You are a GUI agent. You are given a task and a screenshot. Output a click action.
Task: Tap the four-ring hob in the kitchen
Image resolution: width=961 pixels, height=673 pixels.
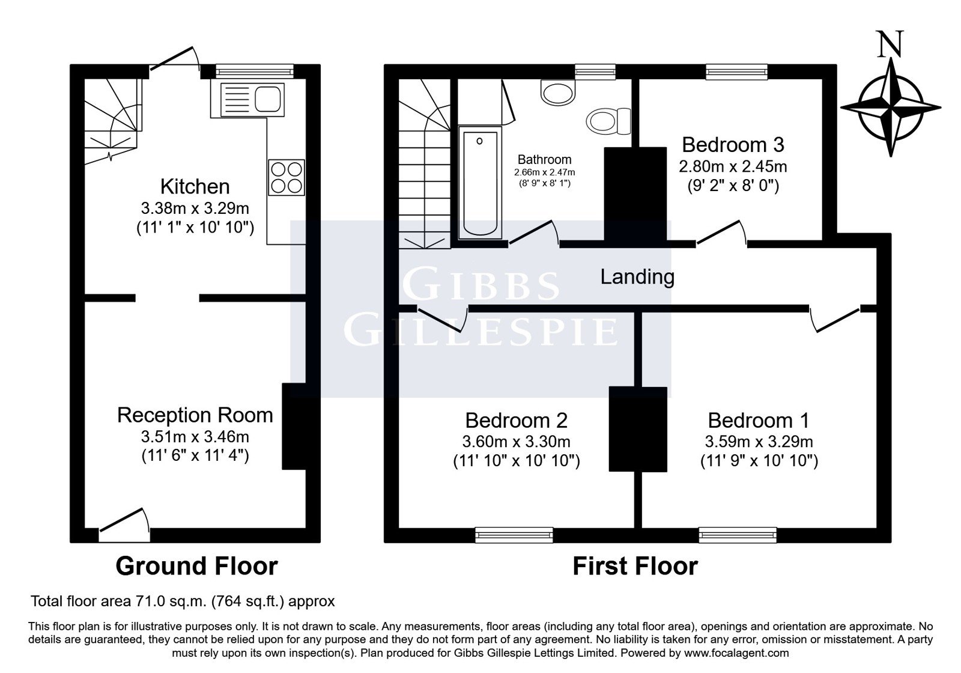286,178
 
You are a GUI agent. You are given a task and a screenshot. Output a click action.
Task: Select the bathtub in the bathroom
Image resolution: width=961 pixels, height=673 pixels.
480,183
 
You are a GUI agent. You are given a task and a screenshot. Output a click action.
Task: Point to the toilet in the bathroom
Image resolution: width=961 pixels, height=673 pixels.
608,121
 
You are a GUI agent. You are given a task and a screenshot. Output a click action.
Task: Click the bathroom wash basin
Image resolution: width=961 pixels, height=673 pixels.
558,93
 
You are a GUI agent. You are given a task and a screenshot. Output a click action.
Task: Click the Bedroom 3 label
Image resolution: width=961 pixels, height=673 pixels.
733,145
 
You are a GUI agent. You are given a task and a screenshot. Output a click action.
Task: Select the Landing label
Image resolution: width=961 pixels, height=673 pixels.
637,277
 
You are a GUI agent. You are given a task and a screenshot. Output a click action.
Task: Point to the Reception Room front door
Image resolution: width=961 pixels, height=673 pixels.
124,525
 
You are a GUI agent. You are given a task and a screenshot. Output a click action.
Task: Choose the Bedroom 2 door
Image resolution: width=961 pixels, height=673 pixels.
443,319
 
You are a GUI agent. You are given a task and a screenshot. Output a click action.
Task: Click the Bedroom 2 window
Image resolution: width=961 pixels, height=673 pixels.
514,535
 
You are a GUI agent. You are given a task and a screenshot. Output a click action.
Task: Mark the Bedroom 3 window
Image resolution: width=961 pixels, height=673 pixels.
736,72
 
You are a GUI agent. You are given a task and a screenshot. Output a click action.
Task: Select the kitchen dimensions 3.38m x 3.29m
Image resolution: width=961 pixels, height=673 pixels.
195,209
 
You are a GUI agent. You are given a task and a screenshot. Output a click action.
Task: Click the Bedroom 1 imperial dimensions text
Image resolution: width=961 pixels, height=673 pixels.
759,461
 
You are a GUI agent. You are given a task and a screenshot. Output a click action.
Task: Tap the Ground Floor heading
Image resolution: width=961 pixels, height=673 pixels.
196,566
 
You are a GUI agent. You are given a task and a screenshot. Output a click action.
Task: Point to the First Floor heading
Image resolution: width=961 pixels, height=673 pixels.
635,566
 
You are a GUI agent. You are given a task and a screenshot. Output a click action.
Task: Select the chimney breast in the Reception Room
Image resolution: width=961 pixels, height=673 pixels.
294,426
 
